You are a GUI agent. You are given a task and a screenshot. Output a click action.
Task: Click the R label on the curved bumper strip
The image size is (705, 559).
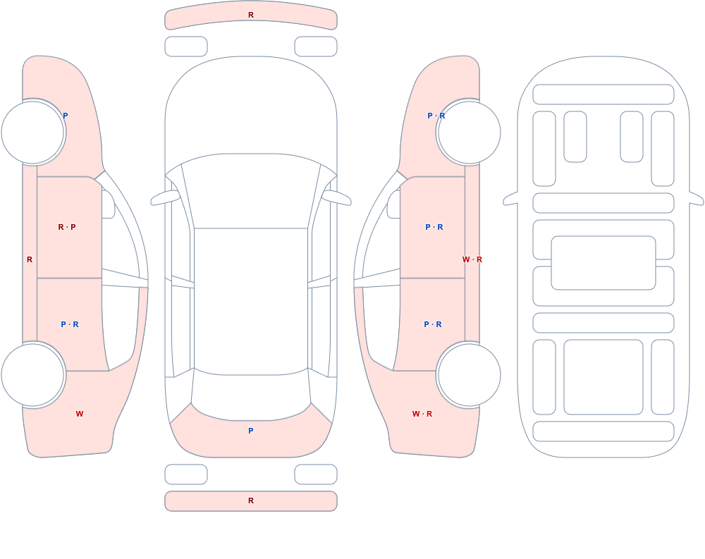pyautogui.click(x=251, y=15)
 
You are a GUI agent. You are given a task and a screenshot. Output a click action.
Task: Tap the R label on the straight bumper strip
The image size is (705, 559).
pyautogui.click(x=251, y=500)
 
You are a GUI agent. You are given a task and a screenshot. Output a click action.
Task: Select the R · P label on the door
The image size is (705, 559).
pyautogui.click(x=67, y=227)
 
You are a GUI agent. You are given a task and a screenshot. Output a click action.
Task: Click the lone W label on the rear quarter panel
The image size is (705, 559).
pyautogui.click(x=80, y=414)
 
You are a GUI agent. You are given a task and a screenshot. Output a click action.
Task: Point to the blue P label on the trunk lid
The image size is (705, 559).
pyautogui.click(x=251, y=431)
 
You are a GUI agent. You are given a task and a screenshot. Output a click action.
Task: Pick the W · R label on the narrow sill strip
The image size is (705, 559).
pyautogui.click(x=472, y=259)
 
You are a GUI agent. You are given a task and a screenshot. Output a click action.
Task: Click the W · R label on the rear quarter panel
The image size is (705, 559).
pyautogui.click(x=422, y=414)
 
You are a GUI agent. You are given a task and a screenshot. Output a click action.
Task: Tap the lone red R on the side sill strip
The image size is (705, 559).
pyautogui.click(x=30, y=259)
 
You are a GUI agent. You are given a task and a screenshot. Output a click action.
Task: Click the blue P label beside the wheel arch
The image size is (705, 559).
pyautogui.click(x=65, y=116)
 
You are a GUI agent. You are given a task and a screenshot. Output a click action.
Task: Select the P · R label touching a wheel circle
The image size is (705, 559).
pyautogui.click(x=436, y=116)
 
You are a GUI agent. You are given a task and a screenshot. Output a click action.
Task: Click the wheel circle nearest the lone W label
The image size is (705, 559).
pyautogui.click(x=33, y=374)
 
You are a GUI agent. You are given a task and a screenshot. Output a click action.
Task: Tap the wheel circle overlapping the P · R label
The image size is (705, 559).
pyautogui.click(x=469, y=133)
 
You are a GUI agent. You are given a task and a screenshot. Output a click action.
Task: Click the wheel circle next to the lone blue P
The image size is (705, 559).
pyautogui.click(x=33, y=133)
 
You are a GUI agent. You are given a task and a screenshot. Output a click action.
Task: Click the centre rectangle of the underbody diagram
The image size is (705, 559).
pyautogui.click(x=603, y=263)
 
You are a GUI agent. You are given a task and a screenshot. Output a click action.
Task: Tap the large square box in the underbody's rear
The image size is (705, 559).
pyautogui.click(x=603, y=377)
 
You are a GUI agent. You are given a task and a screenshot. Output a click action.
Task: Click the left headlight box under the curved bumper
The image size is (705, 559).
pyautogui.click(x=186, y=47)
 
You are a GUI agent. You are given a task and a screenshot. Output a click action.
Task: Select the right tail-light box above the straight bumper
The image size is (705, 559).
pyautogui.click(x=316, y=474)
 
